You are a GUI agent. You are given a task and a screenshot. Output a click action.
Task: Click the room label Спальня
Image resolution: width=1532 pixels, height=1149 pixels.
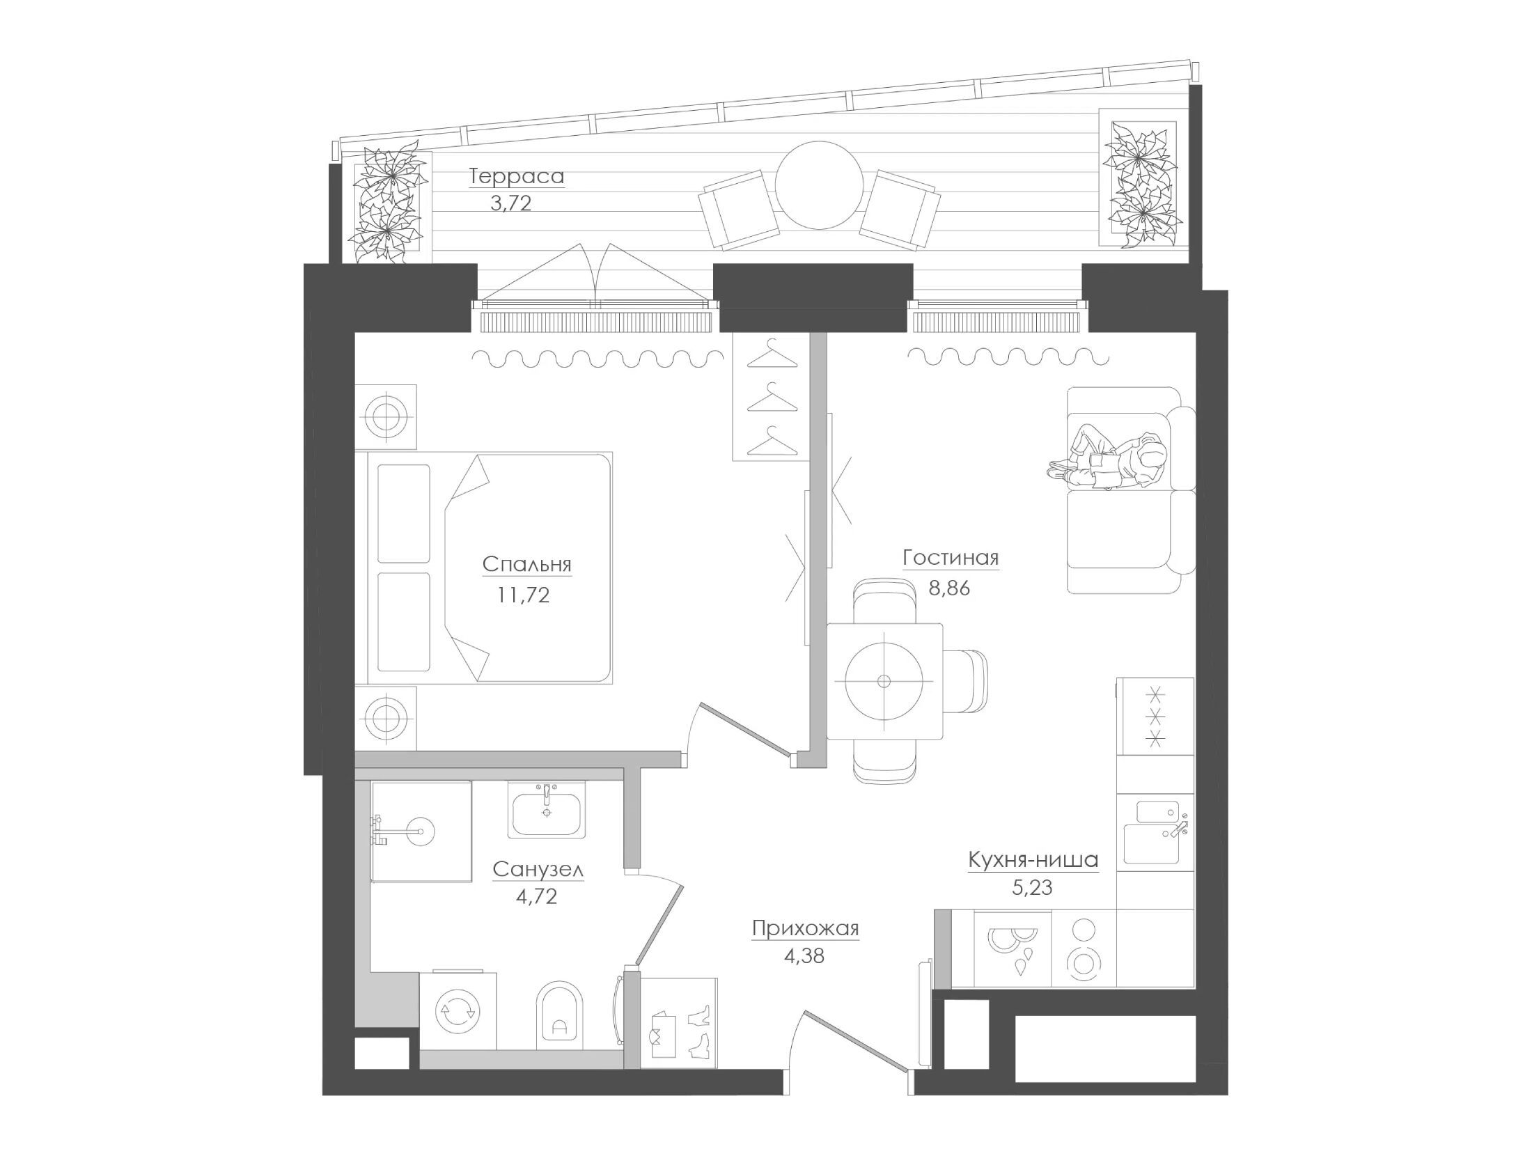click(526, 564)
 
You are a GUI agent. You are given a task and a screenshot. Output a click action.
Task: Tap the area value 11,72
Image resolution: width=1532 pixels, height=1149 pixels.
click(523, 595)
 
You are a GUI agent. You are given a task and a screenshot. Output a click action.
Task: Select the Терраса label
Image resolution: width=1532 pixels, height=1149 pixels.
click(517, 177)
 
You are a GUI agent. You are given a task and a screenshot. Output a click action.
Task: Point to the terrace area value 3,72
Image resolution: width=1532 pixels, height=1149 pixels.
click(510, 203)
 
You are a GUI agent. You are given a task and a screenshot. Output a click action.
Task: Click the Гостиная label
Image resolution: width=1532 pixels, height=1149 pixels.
click(951, 558)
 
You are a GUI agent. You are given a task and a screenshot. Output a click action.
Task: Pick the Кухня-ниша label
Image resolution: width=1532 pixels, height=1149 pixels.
click(1033, 861)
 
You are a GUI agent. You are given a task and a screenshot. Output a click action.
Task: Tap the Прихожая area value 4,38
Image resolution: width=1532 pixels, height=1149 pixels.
click(804, 956)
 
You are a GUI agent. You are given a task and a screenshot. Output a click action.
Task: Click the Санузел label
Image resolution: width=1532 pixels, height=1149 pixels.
click(538, 870)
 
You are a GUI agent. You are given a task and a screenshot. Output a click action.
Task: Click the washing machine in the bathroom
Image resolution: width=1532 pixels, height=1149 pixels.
click(458, 1010)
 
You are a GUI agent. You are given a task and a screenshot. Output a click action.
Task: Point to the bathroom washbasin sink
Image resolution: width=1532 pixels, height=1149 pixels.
click(546, 811)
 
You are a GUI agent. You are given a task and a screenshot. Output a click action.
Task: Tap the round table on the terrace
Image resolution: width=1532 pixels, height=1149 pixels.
click(820, 185)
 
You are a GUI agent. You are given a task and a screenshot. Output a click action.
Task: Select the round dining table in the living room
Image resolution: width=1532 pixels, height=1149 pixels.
click(884, 680)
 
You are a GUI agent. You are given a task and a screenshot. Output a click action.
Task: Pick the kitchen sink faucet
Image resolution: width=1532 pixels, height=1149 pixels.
click(1176, 827)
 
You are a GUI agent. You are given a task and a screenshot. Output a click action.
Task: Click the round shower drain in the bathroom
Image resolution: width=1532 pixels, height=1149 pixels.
click(421, 831)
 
